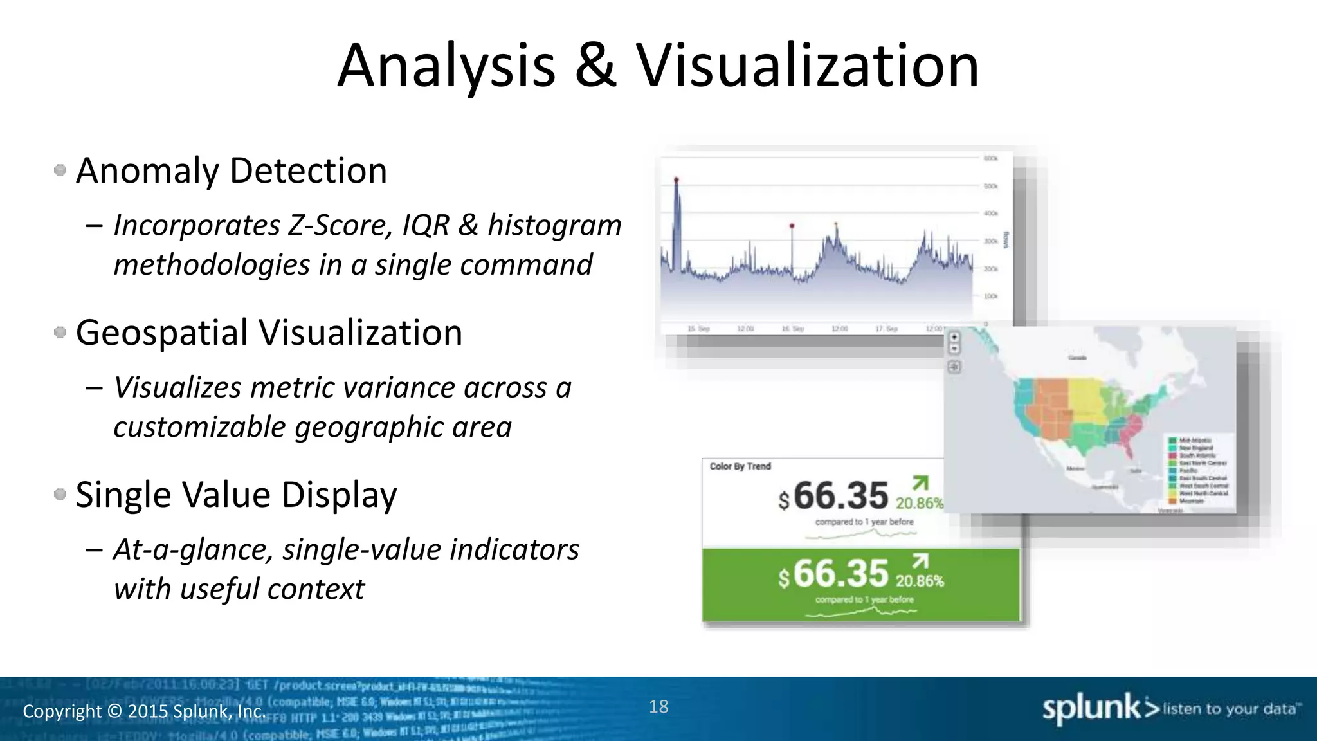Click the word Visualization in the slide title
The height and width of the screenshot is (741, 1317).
808,66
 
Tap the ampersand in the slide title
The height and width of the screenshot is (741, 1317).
595,66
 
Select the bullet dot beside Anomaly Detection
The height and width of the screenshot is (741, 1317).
60,170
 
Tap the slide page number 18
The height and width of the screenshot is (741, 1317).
658,707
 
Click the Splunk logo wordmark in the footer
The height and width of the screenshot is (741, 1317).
1091,709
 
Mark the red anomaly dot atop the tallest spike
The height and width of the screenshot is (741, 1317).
676,179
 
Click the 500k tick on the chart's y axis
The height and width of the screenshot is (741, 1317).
990,187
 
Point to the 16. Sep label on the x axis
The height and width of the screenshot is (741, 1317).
792,329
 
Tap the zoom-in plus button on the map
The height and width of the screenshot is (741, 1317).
954,337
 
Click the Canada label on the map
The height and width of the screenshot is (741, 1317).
1077,358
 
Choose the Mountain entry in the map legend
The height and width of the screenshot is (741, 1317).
1191,501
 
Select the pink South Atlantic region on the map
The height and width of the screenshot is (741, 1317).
1132,425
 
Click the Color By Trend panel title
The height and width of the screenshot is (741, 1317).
740,466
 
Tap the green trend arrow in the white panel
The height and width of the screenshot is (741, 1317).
921,482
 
